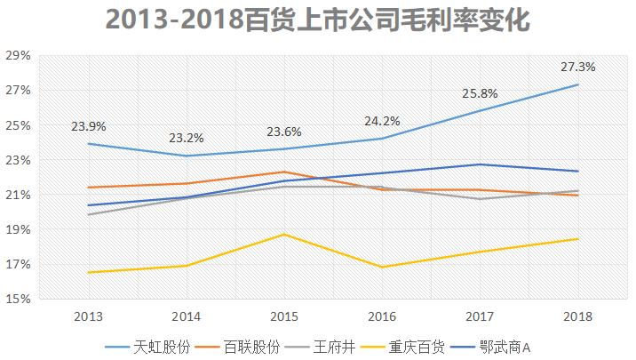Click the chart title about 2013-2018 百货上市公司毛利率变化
[x=317, y=20]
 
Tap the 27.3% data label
[x=577, y=67]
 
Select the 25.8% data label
[x=479, y=93]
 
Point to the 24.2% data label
[x=381, y=121]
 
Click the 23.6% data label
[x=284, y=132]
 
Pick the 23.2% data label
[x=187, y=138]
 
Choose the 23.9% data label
[x=89, y=125]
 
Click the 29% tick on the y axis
[x=18, y=56]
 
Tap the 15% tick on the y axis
[x=18, y=300]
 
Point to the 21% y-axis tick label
[x=18, y=195]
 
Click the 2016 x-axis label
[x=382, y=316]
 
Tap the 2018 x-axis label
[x=577, y=316]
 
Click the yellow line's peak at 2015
[x=284, y=234]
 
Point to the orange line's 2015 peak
[x=284, y=172]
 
